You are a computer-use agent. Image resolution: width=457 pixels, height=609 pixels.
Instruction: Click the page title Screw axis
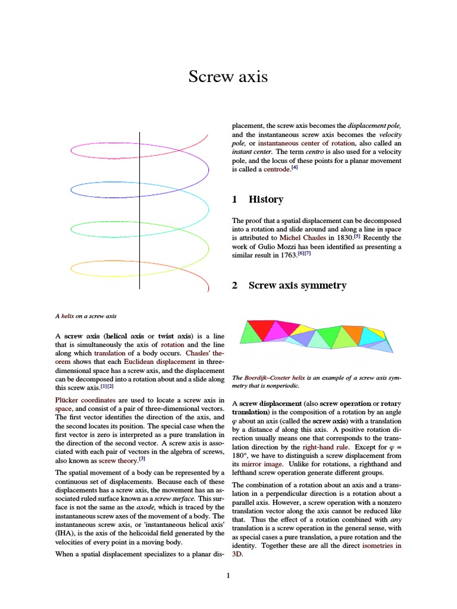click(x=228, y=77)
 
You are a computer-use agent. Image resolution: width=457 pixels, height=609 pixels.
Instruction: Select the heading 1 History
click(x=258, y=200)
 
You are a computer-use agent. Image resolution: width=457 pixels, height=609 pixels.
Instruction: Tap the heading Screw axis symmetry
click(x=289, y=285)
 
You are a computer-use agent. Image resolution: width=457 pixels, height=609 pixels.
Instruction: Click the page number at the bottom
click(x=228, y=575)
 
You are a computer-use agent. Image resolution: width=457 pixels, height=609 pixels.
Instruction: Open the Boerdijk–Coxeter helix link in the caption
click(x=273, y=378)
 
